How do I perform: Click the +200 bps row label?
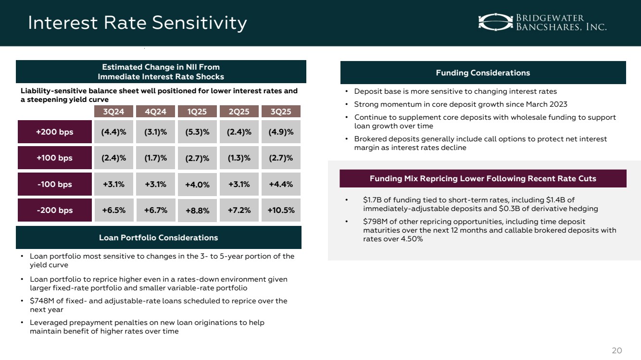[55, 132]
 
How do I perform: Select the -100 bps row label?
[55, 184]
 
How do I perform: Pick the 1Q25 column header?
[197, 112]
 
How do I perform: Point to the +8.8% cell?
[197, 211]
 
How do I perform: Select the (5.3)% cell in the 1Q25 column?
[197, 133]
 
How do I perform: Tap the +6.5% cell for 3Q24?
[113, 210]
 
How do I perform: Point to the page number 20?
[616, 350]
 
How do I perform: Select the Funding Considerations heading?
[483, 73]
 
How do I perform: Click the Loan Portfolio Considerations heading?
[159, 237]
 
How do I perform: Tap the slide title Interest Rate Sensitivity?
[138, 23]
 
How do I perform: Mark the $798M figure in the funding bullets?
[374, 222]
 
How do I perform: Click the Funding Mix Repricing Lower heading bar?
[483, 179]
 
